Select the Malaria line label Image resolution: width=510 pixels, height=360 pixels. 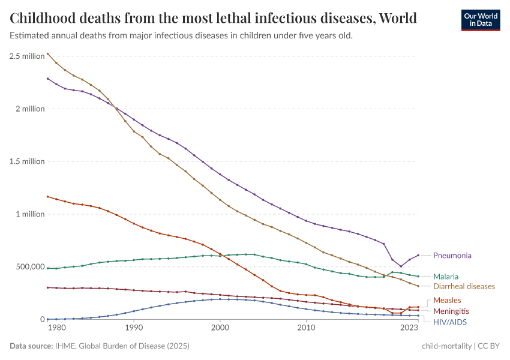click(446, 277)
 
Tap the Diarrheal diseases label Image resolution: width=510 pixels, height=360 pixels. click(464, 286)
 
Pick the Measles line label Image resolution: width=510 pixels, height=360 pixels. click(447, 300)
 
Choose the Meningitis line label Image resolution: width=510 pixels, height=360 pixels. click(451, 311)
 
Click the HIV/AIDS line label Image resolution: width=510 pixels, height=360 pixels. click(449, 322)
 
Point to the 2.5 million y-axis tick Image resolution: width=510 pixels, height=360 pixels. click(27, 56)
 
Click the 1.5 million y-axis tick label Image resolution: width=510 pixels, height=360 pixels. click(27, 161)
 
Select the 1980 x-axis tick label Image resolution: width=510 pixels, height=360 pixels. click(56, 328)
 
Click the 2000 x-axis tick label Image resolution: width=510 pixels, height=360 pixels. click(220, 328)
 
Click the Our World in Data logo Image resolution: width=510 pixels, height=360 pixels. click(480, 19)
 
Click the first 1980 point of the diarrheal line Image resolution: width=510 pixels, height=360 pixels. click(48, 53)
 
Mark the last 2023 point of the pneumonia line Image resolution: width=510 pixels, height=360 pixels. click(418, 255)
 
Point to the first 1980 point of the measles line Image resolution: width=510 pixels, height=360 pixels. click(48, 196)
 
